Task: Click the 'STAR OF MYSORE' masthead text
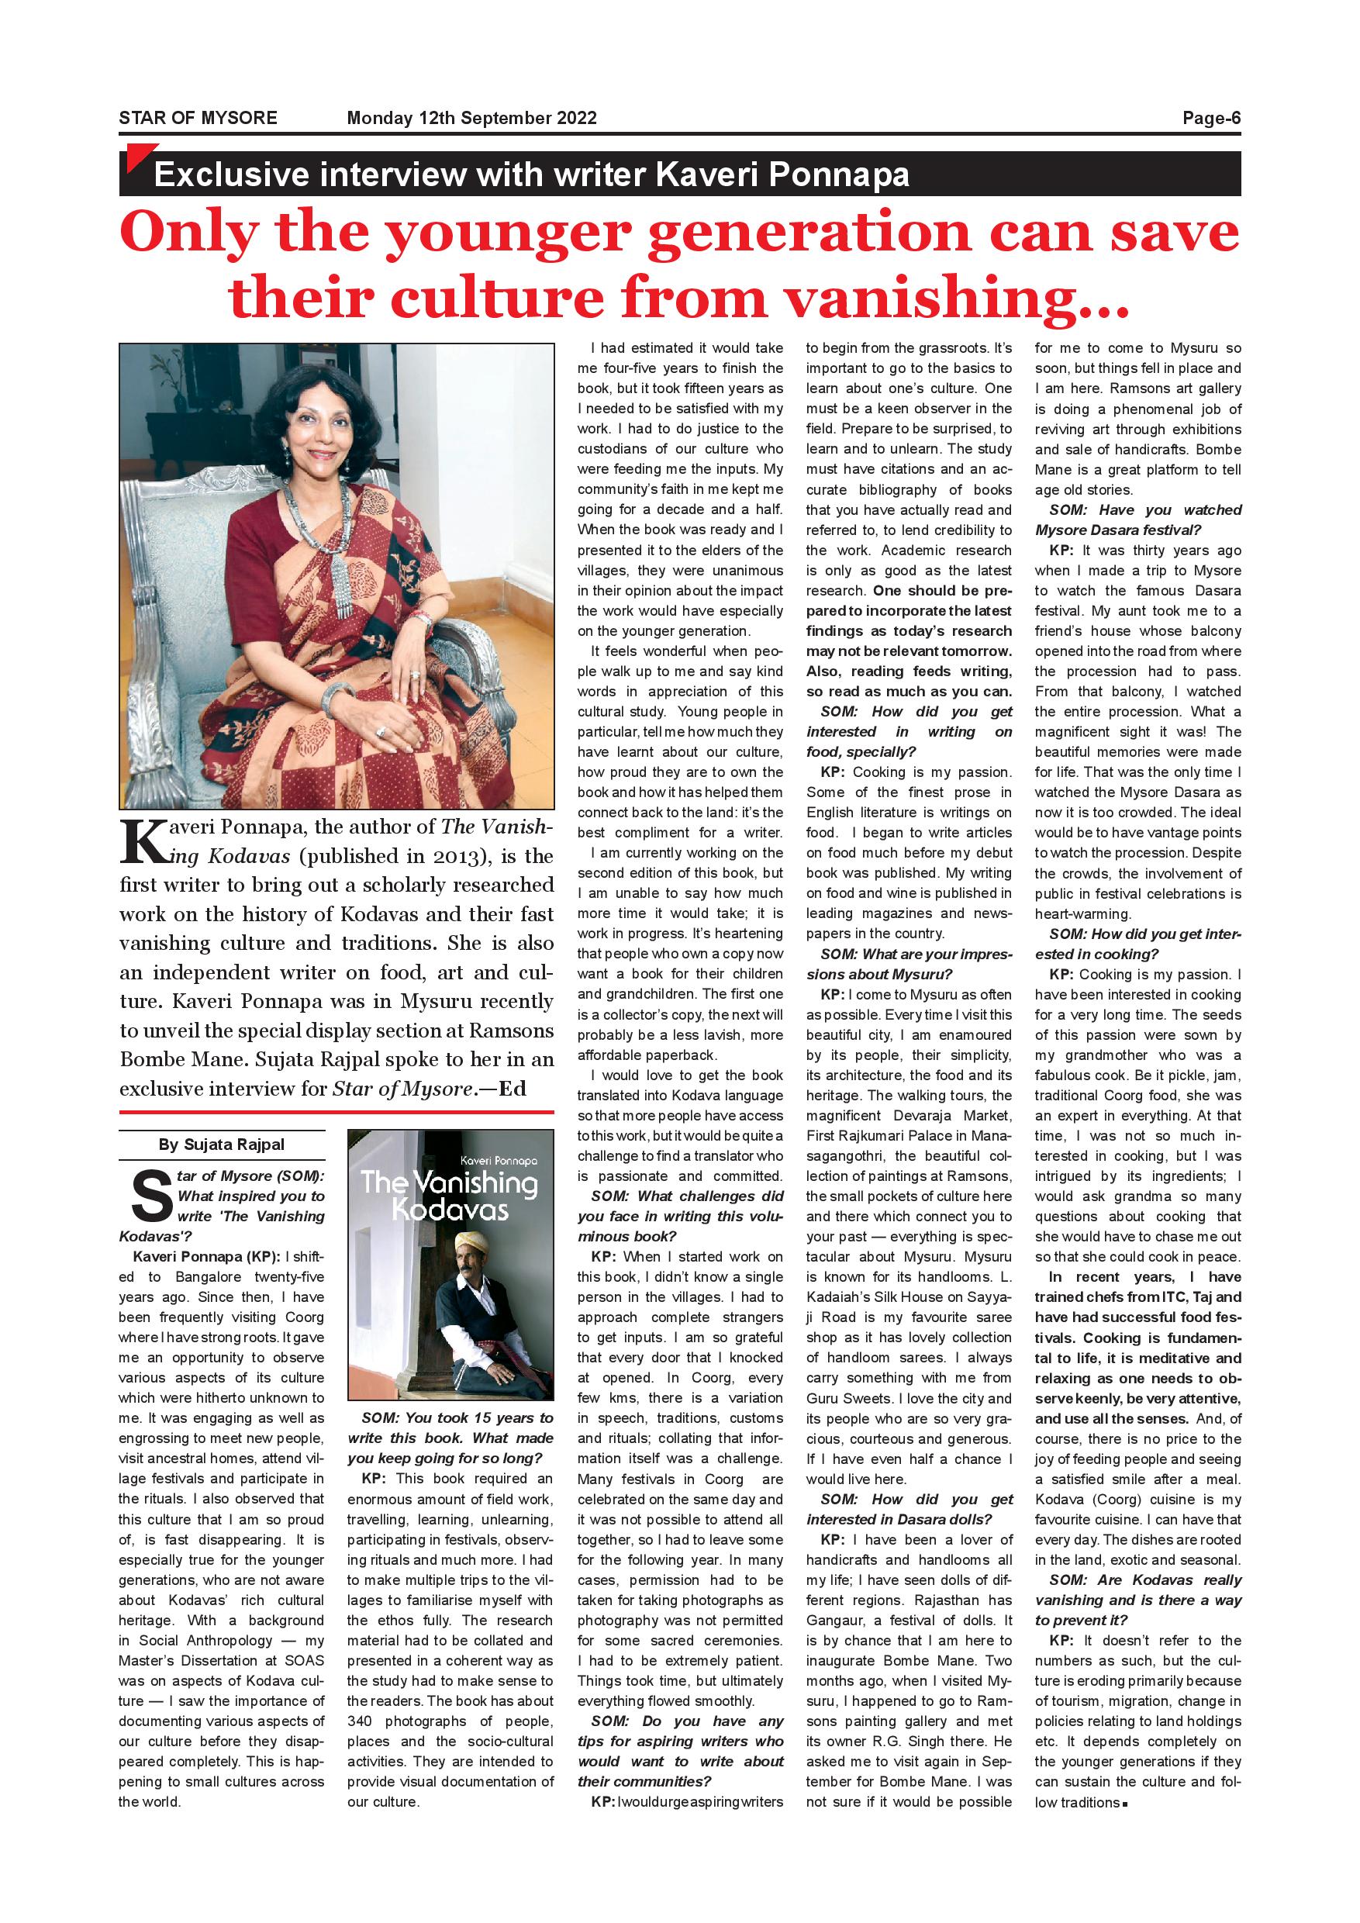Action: coord(198,118)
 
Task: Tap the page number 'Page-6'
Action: coord(1211,118)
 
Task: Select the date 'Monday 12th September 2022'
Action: coord(471,118)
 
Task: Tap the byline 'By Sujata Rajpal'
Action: coord(221,1145)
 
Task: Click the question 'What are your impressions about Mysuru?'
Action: coord(909,964)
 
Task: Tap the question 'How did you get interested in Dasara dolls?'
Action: coord(909,1509)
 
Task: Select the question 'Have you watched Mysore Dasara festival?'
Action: coord(1137,520)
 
